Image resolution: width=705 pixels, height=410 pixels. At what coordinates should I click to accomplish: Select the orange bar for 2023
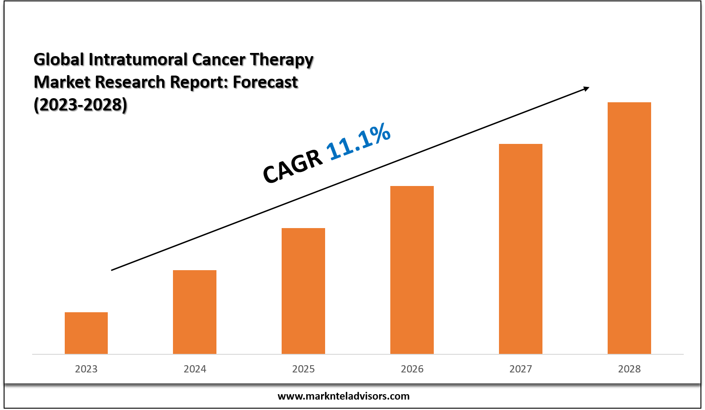(86, 333)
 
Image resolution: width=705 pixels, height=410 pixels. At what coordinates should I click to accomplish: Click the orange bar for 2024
(195, 312)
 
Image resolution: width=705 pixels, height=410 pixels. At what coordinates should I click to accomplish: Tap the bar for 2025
(303, 291)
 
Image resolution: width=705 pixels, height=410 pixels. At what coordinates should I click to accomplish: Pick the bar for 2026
(412, 270)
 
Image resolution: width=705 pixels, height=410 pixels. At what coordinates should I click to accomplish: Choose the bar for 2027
(521, 249)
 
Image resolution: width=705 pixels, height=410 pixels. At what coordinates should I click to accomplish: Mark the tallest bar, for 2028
(629, 228)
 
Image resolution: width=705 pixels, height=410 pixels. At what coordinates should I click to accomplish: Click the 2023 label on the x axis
(86, 369)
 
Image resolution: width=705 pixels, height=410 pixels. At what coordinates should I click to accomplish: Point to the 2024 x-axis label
(195, 369)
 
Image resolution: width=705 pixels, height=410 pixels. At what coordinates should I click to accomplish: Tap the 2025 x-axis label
(303, 369)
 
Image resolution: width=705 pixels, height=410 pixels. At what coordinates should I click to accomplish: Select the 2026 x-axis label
(412, 369)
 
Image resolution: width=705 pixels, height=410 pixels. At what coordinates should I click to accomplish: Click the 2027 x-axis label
(521, 369)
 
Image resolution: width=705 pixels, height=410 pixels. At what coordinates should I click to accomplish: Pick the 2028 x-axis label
(629, 369)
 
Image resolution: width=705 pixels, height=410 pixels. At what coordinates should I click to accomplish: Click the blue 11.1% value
(358, 141)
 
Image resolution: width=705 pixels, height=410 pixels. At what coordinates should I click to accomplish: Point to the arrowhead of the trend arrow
(586, 89)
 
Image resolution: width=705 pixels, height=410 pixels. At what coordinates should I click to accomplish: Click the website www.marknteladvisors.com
(343, 396)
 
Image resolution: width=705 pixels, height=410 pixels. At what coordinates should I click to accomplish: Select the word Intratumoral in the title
(138, 60)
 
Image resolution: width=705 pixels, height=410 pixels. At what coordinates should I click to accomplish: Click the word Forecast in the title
(265, 82)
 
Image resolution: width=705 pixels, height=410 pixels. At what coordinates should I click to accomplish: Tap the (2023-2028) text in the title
(81, 105)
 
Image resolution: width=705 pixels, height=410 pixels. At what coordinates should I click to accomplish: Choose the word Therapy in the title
(282, 60)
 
